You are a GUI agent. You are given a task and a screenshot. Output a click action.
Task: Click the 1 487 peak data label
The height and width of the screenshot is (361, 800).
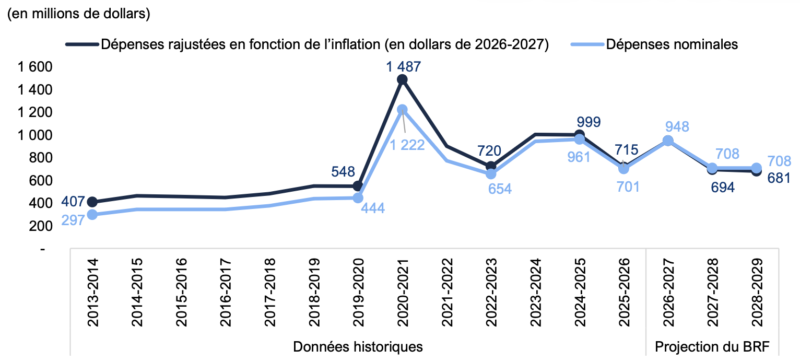pos(404,67)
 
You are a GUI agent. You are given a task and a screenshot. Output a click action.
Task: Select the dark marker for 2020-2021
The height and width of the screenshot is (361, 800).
pos(403,80)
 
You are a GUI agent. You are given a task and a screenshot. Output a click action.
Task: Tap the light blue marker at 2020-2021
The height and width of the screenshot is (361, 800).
pos(403,109)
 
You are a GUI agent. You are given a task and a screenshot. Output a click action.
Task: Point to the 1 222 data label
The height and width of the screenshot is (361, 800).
pos(407,145)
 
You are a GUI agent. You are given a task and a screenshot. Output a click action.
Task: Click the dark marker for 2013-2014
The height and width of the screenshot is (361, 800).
pos(92,202)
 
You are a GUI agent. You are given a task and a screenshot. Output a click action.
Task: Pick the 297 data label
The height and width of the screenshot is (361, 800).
pos(73,220)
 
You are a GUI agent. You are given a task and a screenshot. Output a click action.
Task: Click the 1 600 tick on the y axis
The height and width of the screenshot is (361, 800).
pos(35,67)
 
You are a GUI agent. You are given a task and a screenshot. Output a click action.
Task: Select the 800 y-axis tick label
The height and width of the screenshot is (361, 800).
pos(41,158)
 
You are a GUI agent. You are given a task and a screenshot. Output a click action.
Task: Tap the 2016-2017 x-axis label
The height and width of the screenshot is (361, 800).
pos(226,293)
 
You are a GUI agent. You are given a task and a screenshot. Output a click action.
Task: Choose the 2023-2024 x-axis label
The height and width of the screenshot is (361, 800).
pos(536,293)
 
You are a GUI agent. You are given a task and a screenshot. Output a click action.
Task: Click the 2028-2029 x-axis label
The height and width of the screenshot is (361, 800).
pos(757,293)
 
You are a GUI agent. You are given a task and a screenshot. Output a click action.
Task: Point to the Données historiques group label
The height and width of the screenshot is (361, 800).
pos(358,347)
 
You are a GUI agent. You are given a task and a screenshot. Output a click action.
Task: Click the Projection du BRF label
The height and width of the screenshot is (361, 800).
pos(712,347)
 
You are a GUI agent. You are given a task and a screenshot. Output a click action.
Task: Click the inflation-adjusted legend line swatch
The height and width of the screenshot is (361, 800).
pos(82,45)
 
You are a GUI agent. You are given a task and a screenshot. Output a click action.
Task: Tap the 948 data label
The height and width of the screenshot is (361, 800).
pos(677,127)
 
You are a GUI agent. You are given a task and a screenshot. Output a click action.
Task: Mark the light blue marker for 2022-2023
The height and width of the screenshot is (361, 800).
pos(491,174)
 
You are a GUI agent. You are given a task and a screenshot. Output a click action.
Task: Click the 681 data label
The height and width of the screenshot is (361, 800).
pos(779,178)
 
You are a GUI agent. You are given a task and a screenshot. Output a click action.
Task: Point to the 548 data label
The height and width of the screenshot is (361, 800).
pos(343,172)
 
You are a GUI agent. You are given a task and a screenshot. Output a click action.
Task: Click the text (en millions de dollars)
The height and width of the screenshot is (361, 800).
pos(78,14)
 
